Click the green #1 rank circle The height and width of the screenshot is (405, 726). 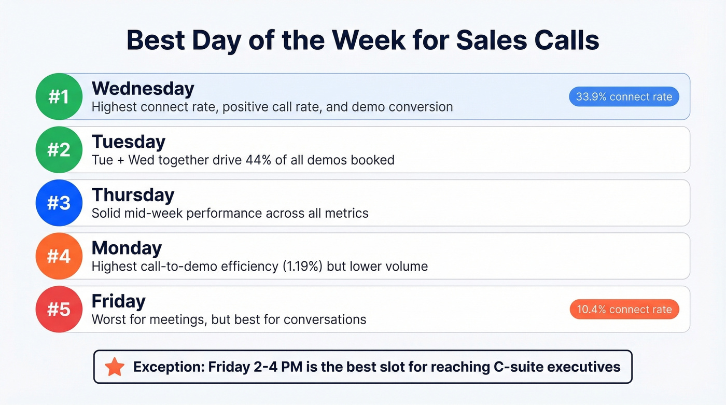59,96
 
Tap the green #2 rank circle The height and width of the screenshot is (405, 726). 59,149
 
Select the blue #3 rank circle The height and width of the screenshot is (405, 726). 59,203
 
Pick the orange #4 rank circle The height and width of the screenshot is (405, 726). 59,256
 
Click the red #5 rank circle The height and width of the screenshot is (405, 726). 59,309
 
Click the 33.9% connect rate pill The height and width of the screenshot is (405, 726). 624,96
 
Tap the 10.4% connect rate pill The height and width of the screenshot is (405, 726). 624,310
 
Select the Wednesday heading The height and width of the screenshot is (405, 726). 143,89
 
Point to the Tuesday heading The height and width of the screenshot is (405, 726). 129,142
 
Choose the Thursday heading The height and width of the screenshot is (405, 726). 133,195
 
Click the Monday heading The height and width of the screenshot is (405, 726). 127,248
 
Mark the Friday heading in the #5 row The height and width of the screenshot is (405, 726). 118,301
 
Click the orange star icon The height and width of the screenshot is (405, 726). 115,367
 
